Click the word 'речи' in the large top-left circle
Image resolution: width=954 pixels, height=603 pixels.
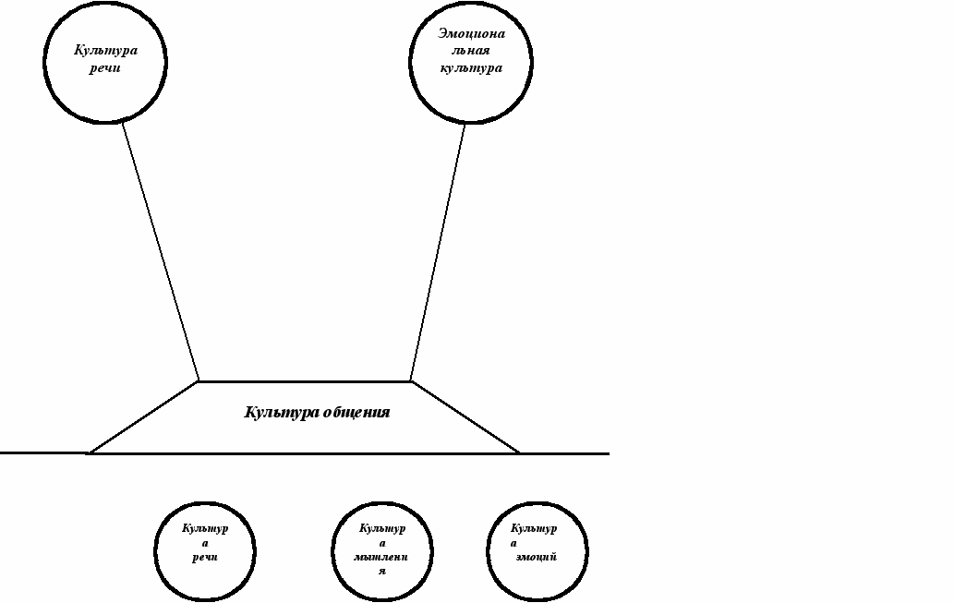[106, 68]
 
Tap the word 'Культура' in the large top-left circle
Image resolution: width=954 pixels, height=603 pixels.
[106, 51]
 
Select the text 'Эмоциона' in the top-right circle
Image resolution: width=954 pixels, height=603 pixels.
[472, 34]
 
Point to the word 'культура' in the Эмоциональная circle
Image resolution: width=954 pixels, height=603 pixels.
[471, 68]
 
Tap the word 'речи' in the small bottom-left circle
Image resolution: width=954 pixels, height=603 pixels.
[205, 558]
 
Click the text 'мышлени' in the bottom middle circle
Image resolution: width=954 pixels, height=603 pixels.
[382, 558]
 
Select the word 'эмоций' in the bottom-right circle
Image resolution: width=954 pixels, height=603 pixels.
[537, 557]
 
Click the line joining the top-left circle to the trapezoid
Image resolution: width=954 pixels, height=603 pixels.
[161, 251]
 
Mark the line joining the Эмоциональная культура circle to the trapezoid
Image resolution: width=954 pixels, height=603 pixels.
[438, 251]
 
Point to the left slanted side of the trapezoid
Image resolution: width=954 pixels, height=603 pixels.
[144, 416]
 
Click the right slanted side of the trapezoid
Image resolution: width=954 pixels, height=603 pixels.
[465, 416]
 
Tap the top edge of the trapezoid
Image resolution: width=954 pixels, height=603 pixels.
[305, 380]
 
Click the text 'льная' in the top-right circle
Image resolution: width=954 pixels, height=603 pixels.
[472, 52]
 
